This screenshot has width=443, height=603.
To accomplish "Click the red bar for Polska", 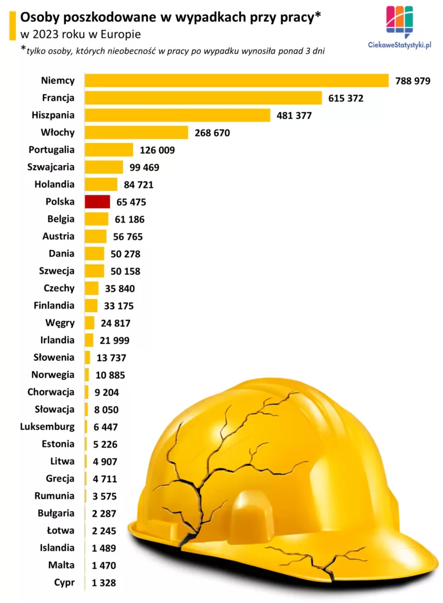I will pos(97,202).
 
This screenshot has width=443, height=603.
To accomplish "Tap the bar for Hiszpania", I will pos(177,115).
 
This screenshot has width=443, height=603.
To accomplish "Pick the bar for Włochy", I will pos(137,132).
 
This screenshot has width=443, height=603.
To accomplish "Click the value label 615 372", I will pos(346,98).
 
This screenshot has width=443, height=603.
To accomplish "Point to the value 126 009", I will pos(157,150).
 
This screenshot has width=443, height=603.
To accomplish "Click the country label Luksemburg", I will pos(47,426).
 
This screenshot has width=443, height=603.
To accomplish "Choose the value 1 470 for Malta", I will pos(104,565).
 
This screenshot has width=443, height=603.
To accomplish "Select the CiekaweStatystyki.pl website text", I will pos(399,45).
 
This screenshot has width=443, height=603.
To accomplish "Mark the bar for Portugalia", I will pos(109,150).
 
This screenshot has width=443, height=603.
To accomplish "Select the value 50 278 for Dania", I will pos(123,254).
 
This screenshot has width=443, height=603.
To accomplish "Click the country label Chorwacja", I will pos(51,392).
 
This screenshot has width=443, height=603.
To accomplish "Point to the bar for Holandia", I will pos(101,184).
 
